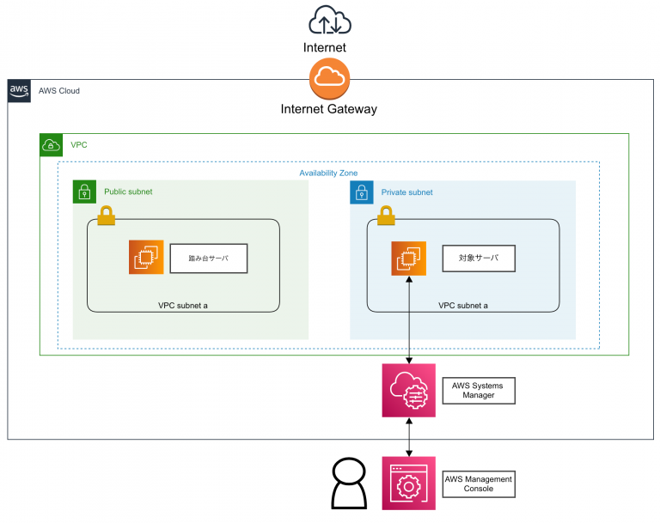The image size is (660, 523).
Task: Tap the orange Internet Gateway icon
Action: (x=329, y=78)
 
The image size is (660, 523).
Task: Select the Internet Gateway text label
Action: (x=329, y=109)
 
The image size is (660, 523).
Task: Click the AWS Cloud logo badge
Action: (x=19, y=90)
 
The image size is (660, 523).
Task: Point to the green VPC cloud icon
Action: (x=52, y=144)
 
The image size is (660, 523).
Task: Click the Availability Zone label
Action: (x=328, y=173)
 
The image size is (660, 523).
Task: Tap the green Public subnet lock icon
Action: (x=84, y=192)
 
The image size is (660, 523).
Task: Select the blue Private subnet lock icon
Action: (x=362, y=192)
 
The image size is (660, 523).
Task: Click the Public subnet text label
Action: (x=128, y=192)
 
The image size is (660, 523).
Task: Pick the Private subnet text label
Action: (x=406, y=192)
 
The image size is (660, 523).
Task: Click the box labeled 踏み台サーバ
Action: (x=209, y=258)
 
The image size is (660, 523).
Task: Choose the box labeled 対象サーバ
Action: (x=479, y=258)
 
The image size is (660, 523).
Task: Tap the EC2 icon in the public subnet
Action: (x=146, y=257)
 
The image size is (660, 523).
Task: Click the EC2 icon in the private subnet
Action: (x=409, y=258)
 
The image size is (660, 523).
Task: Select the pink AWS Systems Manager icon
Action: (x=409, y=391)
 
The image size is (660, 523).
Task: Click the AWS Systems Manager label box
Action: (x=478, y=392)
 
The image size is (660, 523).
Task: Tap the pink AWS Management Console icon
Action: (x=409, y=483)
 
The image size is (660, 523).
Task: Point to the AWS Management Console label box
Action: (x=478, y=483)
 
